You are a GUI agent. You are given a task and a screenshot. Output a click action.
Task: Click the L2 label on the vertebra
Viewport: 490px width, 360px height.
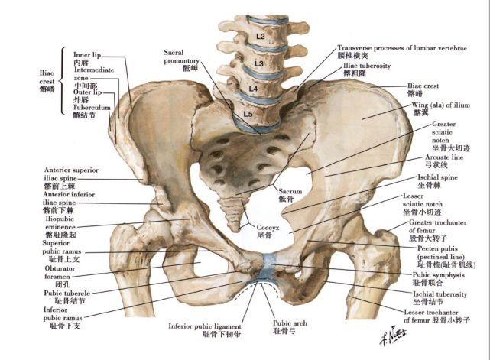click(261, 36)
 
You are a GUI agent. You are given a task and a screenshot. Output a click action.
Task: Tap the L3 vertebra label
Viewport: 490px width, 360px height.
click(259, 63)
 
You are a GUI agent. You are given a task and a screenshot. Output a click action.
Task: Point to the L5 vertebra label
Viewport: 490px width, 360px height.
click(247, 115)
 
